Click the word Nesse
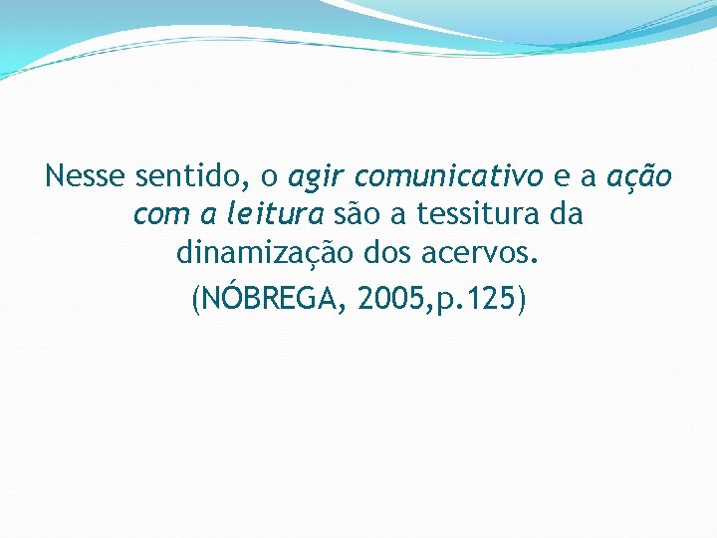[x=86, y=177]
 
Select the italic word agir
[x=318, y=178]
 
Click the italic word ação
[x=639, y=177]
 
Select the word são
[x=358, y=214]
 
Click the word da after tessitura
[x=565, y=214]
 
